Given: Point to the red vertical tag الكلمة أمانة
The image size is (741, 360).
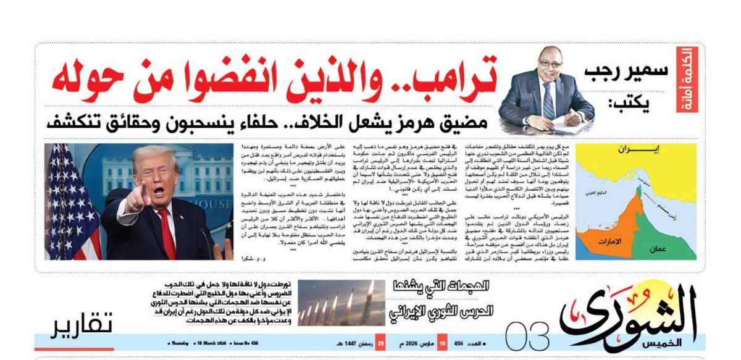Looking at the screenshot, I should coord(686,80).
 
